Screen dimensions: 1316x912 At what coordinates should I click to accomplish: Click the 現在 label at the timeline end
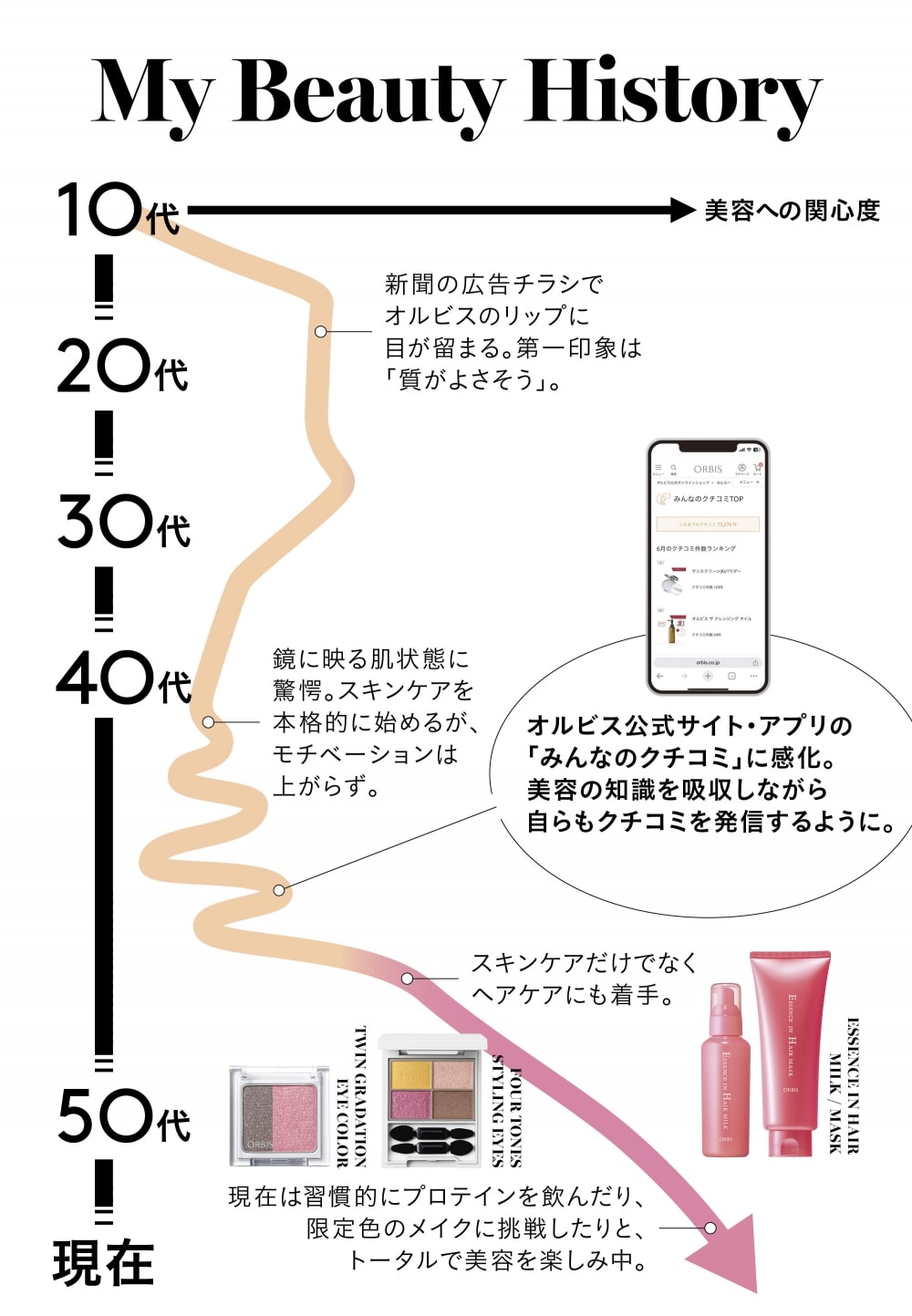pos(103,1263)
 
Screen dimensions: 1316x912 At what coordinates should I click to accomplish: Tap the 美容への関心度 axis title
pos(792,211)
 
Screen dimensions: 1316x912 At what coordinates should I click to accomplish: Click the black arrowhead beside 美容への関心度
pos(682,211)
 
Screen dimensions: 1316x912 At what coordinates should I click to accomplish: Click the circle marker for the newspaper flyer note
pos(321,331)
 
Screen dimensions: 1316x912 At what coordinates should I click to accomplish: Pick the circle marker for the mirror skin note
pos(209,722)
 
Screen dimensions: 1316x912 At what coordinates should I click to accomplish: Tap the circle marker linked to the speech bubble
pos(279,890)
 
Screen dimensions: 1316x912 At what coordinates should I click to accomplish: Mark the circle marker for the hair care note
pos(407,979)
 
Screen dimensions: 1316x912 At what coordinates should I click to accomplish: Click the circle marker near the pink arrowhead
pos(710,1228)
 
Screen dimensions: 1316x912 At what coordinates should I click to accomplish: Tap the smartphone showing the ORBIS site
pos(708,566)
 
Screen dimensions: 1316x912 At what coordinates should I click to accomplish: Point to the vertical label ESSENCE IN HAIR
pos(854,1085)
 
